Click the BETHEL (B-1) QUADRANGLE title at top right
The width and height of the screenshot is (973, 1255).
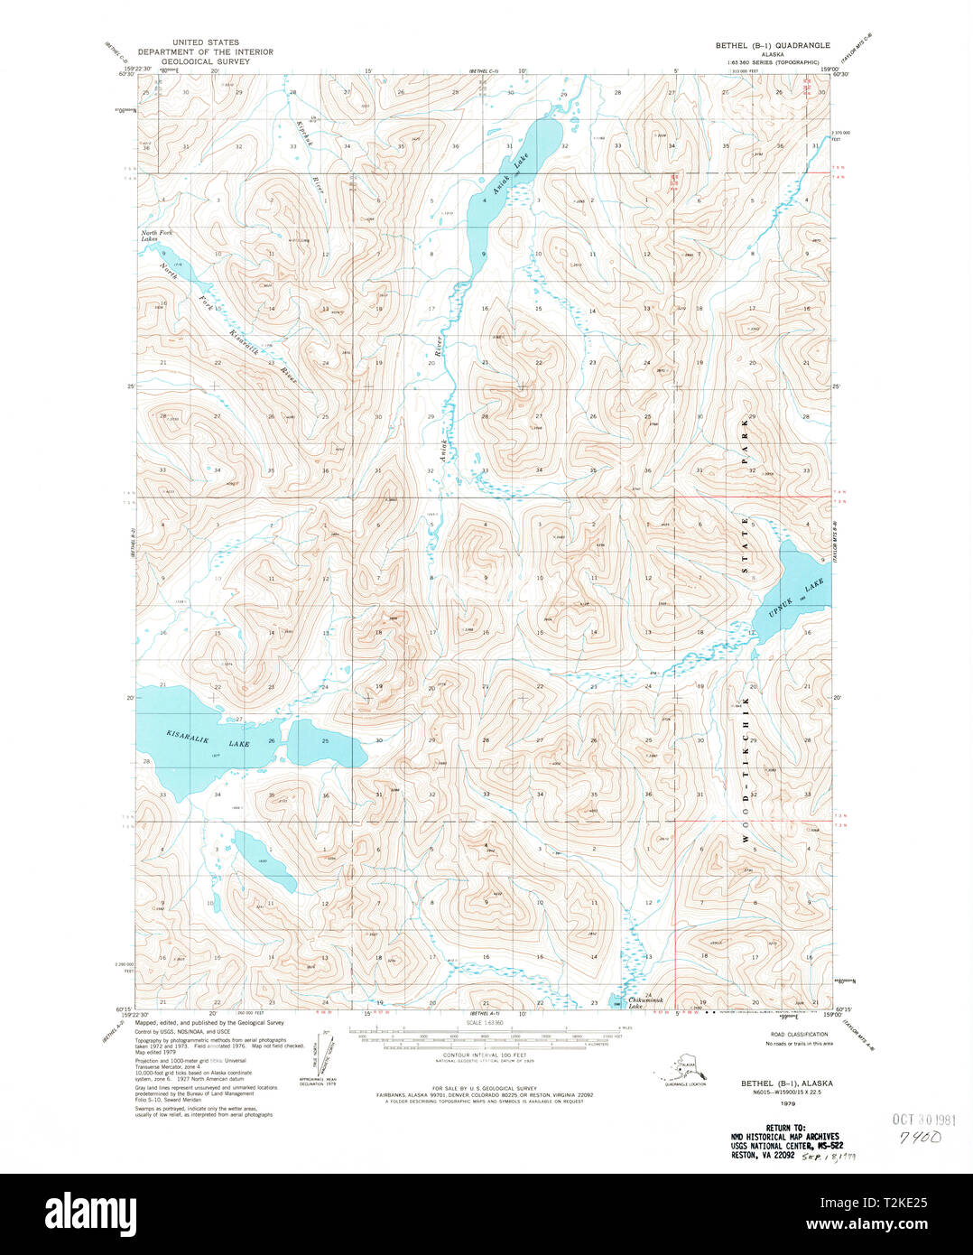773,44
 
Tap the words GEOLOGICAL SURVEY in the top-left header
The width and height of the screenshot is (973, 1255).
205,61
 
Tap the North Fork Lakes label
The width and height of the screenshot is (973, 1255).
156,236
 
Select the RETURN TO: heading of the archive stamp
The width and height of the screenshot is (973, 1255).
784,1128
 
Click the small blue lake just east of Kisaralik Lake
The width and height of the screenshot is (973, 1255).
325,748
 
